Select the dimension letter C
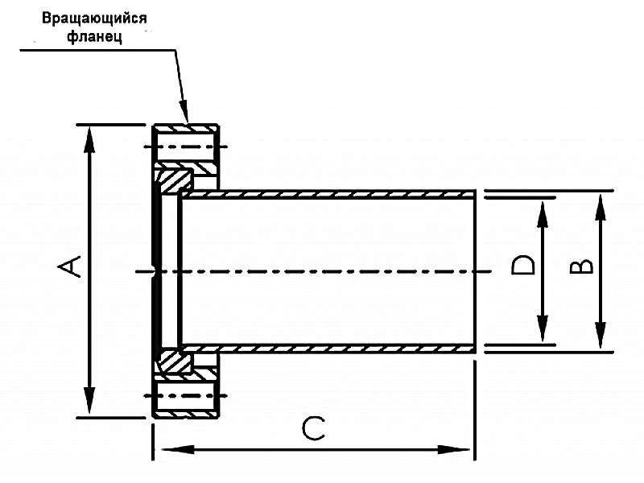(313, 428)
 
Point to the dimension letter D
(524, 265)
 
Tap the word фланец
(94, 37)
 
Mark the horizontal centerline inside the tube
(322, 271)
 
